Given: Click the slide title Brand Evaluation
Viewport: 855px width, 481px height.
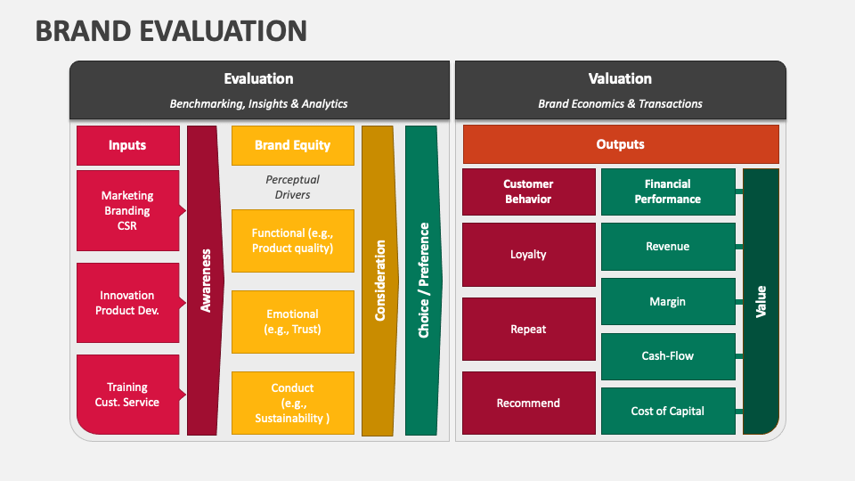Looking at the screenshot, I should coord(171,30).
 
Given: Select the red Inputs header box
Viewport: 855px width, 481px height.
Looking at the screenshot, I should coord(127,145).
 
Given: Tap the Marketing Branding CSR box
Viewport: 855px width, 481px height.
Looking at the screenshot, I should coord(127,210).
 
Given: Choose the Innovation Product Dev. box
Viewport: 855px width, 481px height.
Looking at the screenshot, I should coord(127,303).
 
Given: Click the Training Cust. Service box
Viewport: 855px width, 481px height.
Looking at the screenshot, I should coord(127,395).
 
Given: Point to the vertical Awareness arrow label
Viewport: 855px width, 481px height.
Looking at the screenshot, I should coord(206,280).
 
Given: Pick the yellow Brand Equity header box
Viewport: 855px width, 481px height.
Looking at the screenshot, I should coord(292,145).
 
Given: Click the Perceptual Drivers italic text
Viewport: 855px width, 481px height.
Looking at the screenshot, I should coord(292,187).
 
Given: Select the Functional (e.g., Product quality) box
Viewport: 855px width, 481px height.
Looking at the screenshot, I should coord(292,240).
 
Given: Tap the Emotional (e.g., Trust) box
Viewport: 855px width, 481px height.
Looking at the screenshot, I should coord(292,321).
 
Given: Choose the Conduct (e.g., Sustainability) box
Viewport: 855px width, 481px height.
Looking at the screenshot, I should coord(292,403).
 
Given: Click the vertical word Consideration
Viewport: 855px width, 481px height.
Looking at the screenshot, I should coord(380,280).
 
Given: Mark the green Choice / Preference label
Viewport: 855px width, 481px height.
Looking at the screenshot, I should coord(423,280).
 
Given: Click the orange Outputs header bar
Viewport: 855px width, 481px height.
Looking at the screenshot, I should coord(621,144).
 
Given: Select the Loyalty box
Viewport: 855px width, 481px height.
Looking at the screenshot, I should coord(528,255).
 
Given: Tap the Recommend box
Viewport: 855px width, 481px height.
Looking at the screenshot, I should coord(528,404).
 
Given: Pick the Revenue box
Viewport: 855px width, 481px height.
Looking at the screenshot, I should coord(668,247).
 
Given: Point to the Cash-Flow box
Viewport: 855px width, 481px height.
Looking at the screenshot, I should coord(668,356).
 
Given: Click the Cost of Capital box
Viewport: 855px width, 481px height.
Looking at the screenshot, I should coord(668,411).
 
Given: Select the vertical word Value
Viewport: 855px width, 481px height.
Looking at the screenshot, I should coord(761,301).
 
